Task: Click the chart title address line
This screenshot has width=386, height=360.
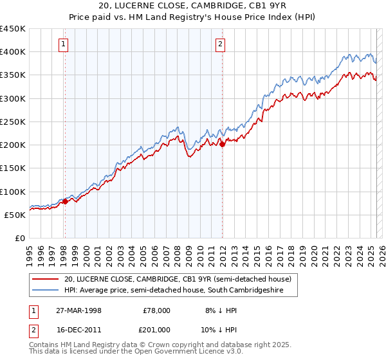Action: click(193, 6)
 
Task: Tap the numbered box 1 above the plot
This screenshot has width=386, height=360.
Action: click(64, 44)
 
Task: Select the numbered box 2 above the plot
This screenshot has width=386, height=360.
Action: click(220, 44)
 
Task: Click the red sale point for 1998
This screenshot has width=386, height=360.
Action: click(65, 202)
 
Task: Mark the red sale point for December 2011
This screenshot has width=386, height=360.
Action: click(222, 145)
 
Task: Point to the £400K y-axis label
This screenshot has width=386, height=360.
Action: click(13, 52)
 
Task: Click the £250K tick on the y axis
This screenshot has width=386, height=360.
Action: click(13, 122)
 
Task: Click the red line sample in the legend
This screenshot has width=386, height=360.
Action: click(45, 279)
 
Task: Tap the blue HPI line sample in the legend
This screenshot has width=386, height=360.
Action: click(45, 291)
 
